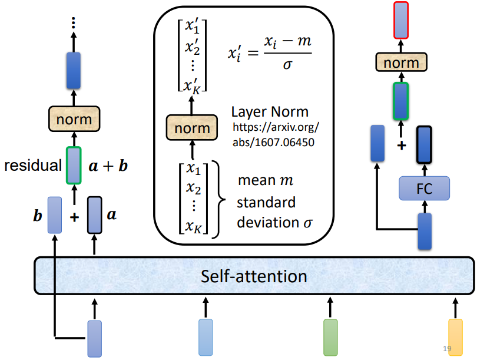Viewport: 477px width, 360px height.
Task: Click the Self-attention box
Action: (254, 276)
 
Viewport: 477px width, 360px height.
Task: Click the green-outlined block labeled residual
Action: (74, 164)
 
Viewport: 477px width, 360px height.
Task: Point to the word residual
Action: (32, 166)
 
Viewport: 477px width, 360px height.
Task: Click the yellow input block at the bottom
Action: (455, 336)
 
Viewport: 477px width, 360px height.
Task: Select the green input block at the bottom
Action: (330, 337)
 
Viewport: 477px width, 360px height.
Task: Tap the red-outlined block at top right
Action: (400, 19)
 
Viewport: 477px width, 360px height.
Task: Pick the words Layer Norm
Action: (269, 113)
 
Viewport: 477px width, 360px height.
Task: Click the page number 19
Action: (447, 349)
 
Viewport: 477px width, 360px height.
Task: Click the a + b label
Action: (107, 166)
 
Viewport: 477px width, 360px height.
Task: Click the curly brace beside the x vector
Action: (220, 200)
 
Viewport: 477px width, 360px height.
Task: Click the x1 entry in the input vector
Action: (193, 169)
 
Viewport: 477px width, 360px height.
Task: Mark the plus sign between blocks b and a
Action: (74, 217)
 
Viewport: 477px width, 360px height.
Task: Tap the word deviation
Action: (266, 223)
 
